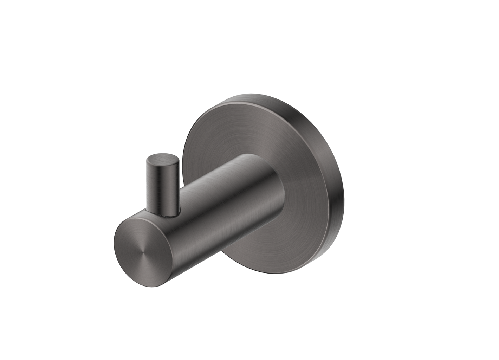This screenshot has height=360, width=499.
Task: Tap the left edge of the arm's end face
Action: [x=115, y=246]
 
